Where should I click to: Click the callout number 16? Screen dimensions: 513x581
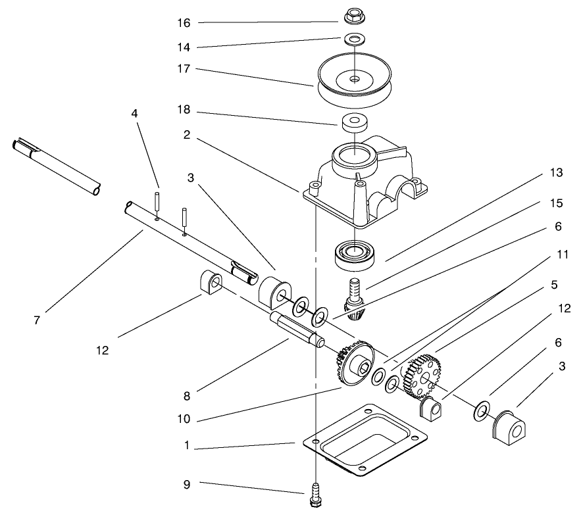(184, 23)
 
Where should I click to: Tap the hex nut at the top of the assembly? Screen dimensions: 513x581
(354, 14)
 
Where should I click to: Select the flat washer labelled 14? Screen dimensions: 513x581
(354, 40)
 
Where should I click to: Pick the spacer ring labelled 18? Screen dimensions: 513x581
(354, 122)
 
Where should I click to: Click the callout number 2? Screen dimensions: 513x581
(187, 135)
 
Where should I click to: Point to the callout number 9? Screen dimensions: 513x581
(187, 485)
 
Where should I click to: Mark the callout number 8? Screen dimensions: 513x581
(187, 397)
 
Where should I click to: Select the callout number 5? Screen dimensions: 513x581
(555, 285)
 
